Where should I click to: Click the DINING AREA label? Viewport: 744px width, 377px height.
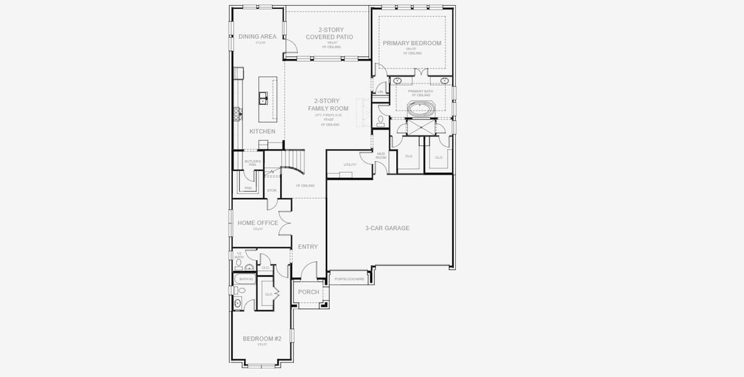coord(257,36)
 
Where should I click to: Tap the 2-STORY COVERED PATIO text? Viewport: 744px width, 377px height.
coord(329,33)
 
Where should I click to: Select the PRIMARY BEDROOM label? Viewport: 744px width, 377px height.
coord(412,43)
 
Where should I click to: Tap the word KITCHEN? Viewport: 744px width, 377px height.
coord(262,131)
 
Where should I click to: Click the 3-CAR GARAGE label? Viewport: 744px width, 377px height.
coord(387,228)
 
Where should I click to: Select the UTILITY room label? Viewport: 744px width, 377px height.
coord(350,165)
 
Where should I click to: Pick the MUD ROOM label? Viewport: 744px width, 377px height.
coord(380,155)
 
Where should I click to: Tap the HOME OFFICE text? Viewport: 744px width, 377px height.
coord(257,223)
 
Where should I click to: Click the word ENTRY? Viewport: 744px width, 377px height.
coord(308,247)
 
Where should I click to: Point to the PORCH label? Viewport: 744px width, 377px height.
coord(308,292)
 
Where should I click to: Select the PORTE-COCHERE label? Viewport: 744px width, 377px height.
coord(349,279)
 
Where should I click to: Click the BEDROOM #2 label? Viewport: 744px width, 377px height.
coord(262,339)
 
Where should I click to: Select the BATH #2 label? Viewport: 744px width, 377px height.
coord(245,279)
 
